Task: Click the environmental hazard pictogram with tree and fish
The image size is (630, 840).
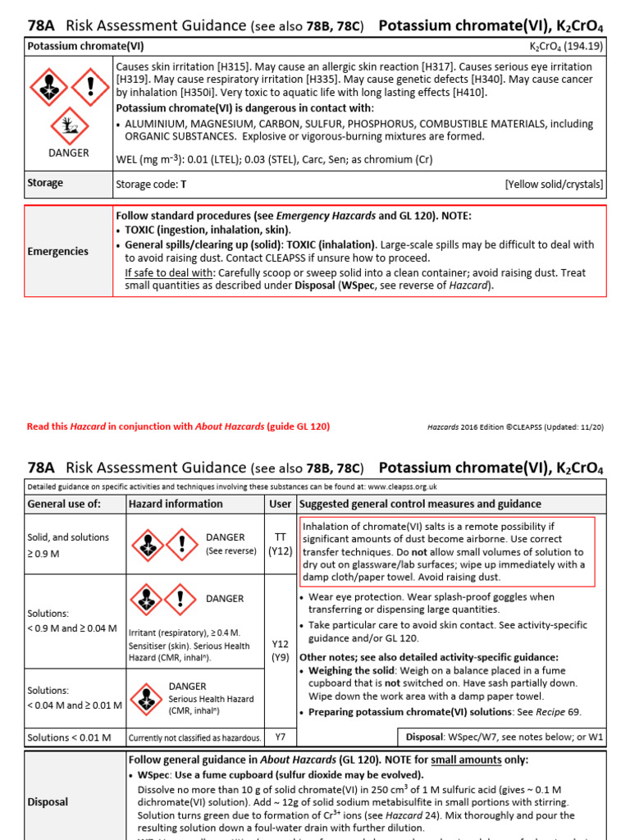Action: (x=69, y=126)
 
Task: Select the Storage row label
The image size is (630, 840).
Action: (x=45, y=183)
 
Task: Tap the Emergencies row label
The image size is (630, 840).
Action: (x=57, y=251)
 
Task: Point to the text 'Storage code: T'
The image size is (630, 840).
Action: (x=152, y=185)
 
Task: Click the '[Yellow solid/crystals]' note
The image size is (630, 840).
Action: (x=554, y=185)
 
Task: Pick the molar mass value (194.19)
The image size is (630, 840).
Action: (x=583, y=46)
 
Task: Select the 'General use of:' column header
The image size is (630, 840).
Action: (x=64, y=504)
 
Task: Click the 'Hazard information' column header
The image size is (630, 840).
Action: (x=176, y=504)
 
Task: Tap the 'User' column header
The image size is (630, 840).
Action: (x=280, y=504)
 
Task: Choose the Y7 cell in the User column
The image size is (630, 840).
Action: (x=280, y=737)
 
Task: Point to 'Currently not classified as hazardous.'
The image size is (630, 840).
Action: (x=194, y=738)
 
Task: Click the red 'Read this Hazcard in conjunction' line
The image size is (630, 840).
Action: (x=178, y=427)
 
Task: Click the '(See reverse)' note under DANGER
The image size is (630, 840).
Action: (x=231, y=551)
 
